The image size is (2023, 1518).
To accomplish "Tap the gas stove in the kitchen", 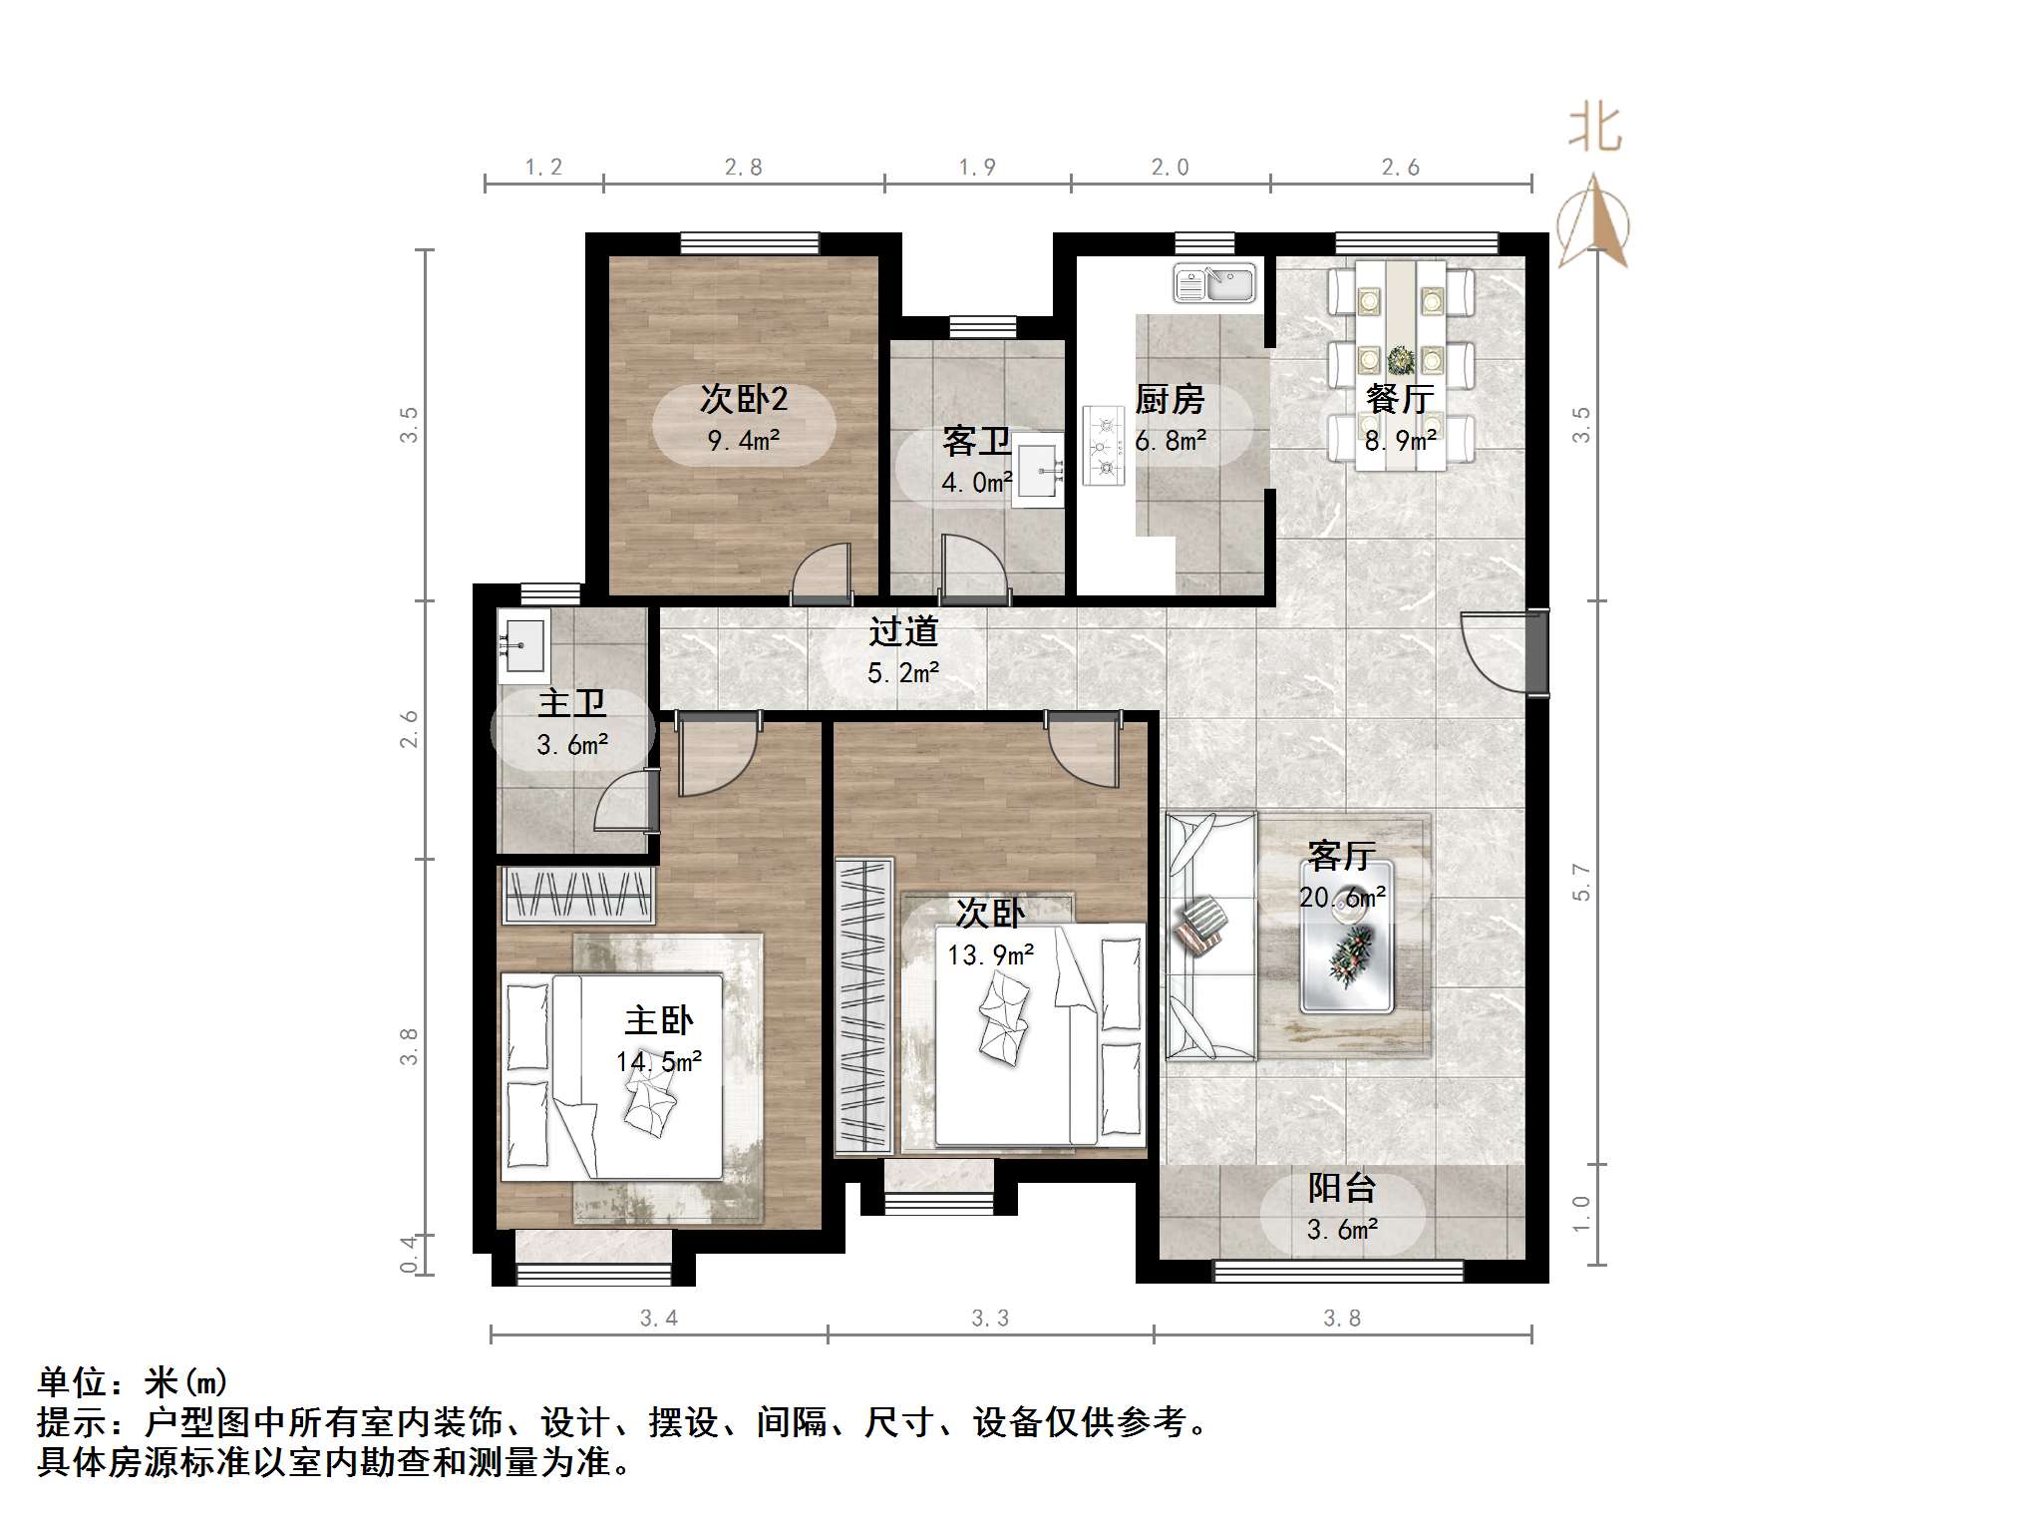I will tap(1104, 446).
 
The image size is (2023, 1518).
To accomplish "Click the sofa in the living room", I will tap(1209, 935).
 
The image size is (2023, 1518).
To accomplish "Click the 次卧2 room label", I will tap(744, 399).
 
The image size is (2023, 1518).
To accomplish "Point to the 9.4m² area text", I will tap(744, 440).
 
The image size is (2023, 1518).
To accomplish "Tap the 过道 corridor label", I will tap(903, 631).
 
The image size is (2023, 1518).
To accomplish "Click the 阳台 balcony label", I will tap(1341, 1188).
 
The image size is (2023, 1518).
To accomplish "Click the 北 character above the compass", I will tap(1594, 130).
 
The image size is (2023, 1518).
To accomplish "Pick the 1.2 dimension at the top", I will tap(544, 168).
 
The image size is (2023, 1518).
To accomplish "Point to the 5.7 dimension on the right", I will tap(1581, 883).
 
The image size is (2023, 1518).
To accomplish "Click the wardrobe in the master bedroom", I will tap(578, 895).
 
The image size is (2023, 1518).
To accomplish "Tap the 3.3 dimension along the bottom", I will tap(990, 1319).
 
